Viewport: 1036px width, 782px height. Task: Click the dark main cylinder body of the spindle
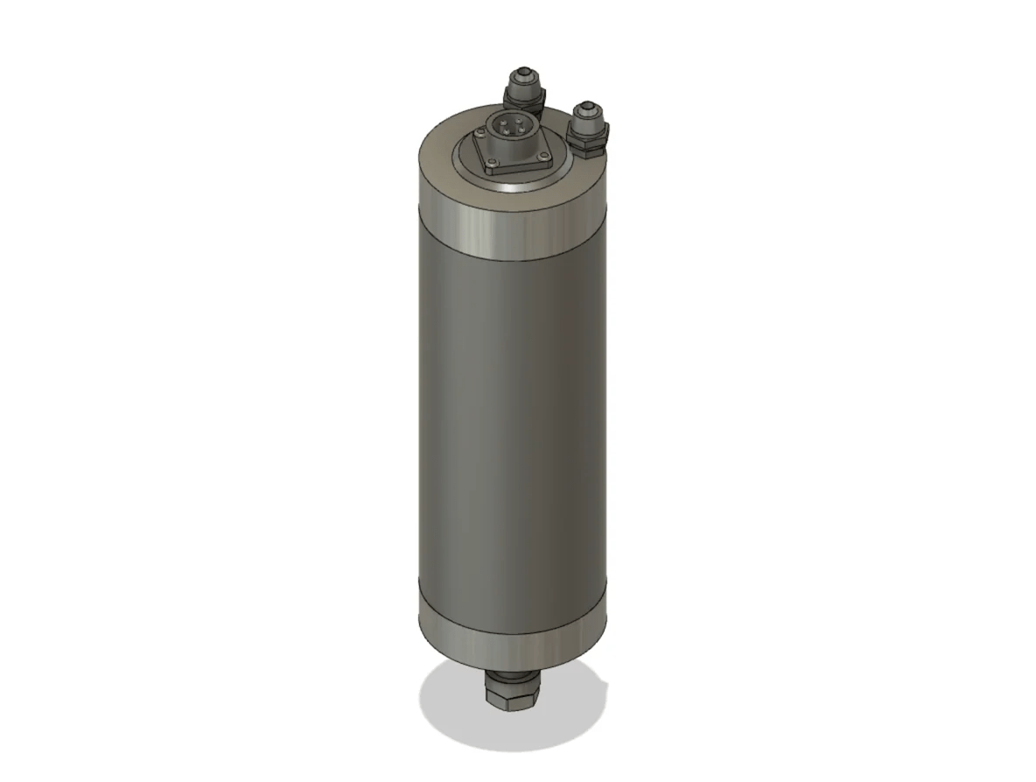(x=512, y=420)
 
